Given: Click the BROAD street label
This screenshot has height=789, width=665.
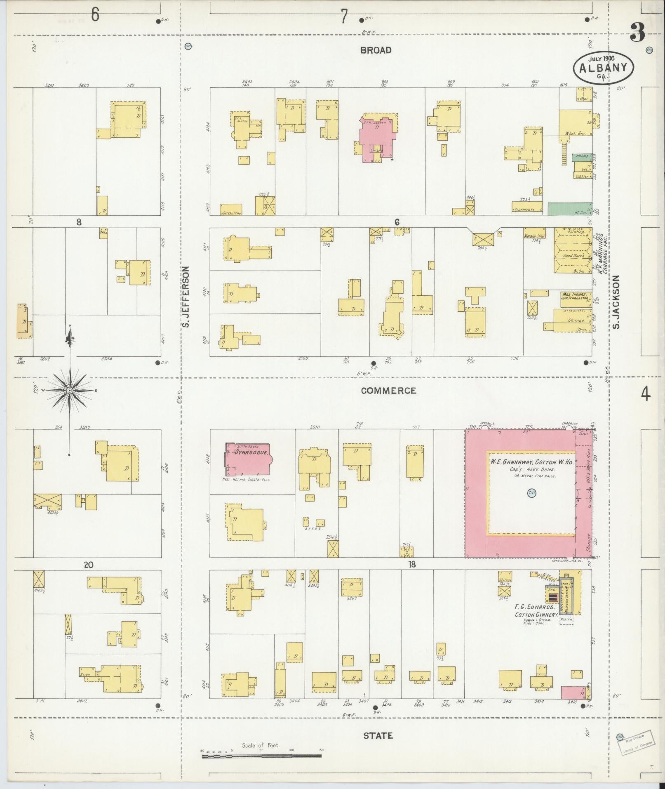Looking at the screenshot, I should click(x=375, y=50).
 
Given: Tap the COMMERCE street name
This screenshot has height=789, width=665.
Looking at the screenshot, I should click(x=388, y=391).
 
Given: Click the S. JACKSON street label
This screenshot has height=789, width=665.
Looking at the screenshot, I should click(x=616, y=302).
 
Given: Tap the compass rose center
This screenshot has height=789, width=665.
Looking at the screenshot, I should click(x=70, y=390).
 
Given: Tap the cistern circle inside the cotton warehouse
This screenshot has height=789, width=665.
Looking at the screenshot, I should click(x=531, y=492).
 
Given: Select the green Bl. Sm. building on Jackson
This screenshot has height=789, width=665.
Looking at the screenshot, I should click(x=570, y=209).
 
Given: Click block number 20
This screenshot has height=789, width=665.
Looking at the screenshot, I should click(x=88, y=565).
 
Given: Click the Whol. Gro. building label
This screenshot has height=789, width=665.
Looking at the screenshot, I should click(x=570, y=134).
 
